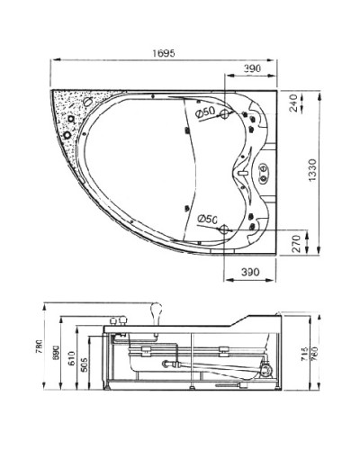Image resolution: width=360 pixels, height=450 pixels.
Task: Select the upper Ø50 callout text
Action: point(203,112)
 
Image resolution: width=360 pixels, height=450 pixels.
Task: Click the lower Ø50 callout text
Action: point(203,218)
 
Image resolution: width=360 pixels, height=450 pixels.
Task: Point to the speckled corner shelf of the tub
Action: point(69,112)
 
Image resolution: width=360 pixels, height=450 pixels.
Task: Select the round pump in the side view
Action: point(266,368)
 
